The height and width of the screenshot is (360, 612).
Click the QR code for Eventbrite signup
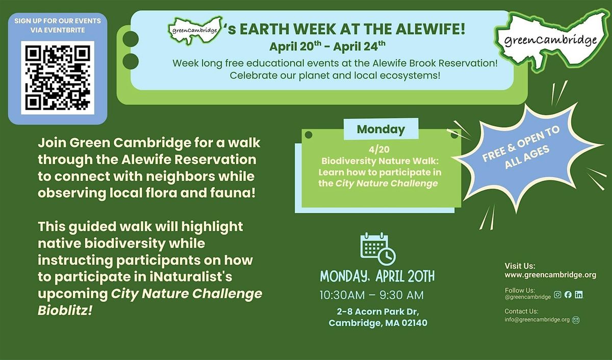click(58, 78)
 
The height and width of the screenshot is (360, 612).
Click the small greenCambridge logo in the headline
click(195, 30)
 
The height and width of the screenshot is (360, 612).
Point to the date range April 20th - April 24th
click(327, 46)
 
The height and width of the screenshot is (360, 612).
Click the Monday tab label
click(381, 129)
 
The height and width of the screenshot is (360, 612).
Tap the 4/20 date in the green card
click(379, 149)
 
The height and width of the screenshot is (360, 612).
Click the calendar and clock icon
click(378, 248)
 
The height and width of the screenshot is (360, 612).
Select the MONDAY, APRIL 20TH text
click(377, 276)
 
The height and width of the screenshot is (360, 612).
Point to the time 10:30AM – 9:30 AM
click(372, 295)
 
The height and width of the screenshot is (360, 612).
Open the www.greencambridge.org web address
click(550, 275)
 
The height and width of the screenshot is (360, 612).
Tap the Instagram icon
click(557, 294)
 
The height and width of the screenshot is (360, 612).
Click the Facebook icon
click(568, 294)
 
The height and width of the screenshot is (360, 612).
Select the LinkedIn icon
click(578, 294)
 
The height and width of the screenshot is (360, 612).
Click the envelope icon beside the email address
click(576, 320)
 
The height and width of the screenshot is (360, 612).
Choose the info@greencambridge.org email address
click(537, 320)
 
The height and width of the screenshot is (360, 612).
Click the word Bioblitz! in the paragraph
click(65, 311)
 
